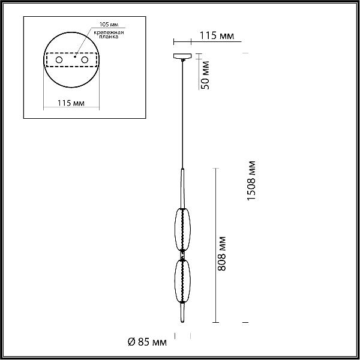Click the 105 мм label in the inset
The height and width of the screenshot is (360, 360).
coord(109,25)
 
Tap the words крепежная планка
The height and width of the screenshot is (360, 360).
coord(109,34)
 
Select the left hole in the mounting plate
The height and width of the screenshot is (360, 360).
coord(59,59)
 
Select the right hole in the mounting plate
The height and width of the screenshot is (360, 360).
coord(85,59)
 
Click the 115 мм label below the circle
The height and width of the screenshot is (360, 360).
coord(71,103)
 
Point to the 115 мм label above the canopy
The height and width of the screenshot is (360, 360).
coord(217,35)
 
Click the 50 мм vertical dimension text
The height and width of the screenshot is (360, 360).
coord(205,75)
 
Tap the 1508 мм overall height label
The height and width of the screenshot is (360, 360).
coord(251,181)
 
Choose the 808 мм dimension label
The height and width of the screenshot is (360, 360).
coord(221,253)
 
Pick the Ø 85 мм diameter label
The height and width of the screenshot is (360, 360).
coord(147,342)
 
